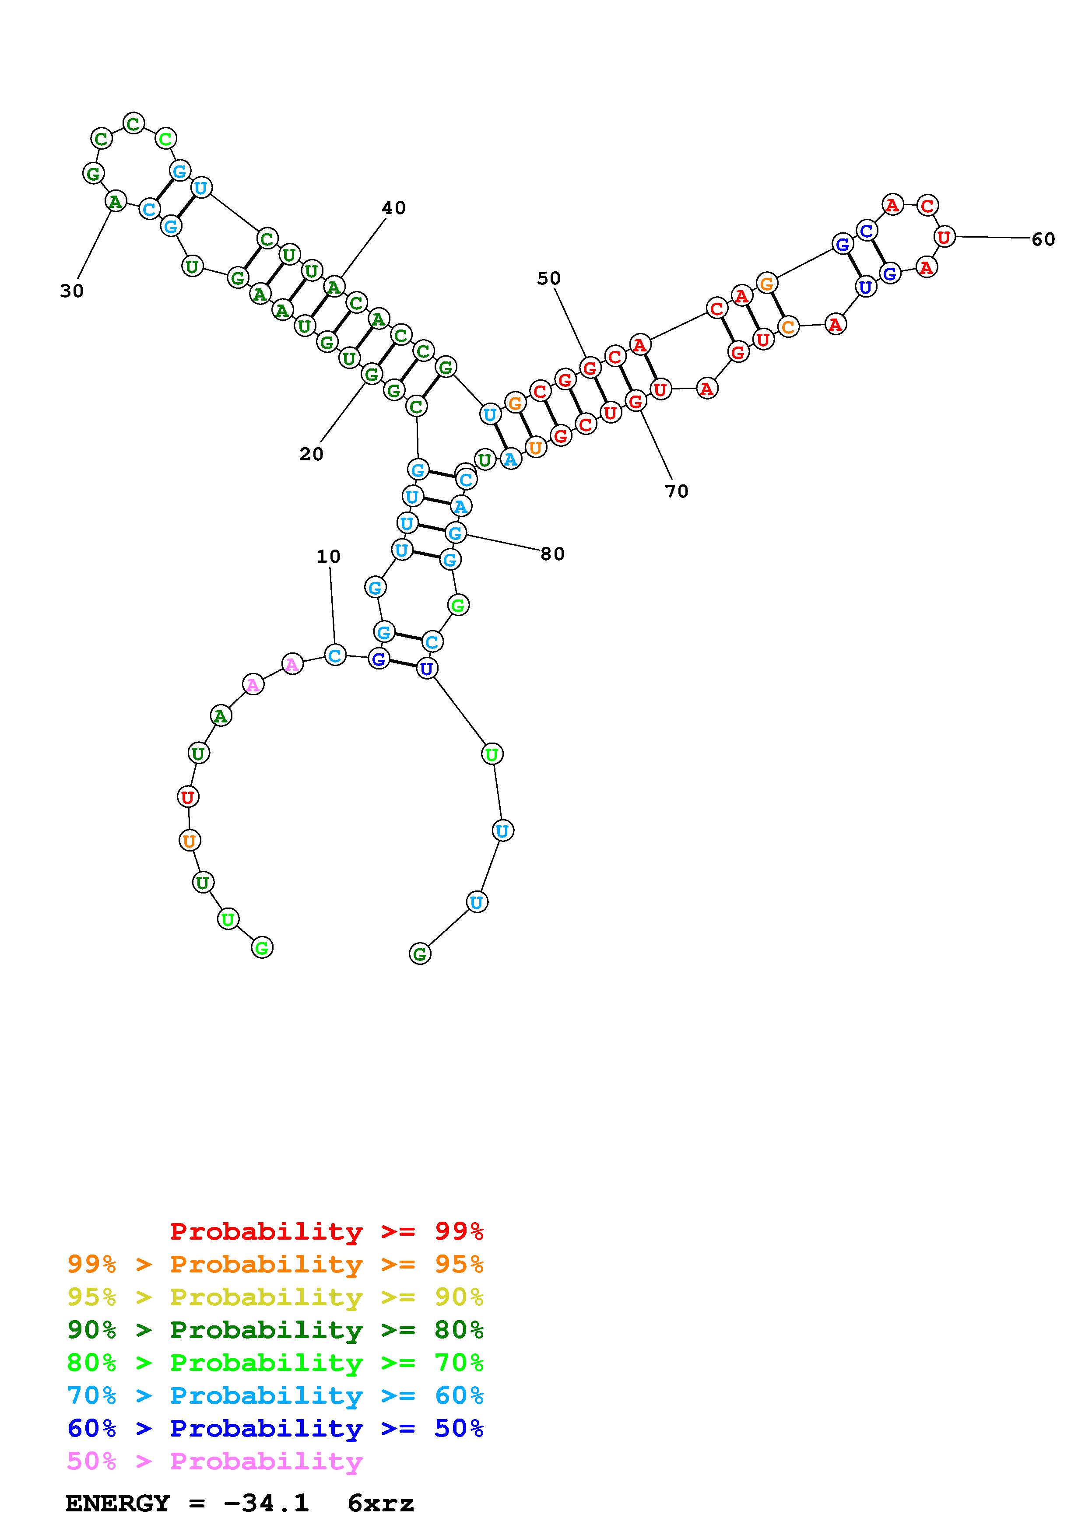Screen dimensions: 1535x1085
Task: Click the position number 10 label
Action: [328, 556]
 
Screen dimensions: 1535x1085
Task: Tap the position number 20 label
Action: [311, 455]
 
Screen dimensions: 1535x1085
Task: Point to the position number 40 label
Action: [394, 208]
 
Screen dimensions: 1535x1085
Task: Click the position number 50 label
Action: [549, 278]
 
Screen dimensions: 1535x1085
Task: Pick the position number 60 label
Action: [1043, 239]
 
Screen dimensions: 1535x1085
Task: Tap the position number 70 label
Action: [677, 491]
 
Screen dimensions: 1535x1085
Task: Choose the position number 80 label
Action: [552, 554]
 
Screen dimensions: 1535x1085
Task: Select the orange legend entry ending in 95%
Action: [275, 1264]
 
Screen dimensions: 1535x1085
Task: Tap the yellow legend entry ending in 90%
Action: [275, 1297]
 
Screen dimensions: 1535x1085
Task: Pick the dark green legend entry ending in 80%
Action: [275, 1330]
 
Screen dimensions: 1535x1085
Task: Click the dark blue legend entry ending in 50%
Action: [275, 1428]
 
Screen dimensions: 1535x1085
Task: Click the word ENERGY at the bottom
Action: [118, 1503]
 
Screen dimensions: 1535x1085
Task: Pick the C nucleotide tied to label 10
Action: [335, 655]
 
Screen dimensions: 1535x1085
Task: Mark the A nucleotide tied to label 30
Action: [116, 200]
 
